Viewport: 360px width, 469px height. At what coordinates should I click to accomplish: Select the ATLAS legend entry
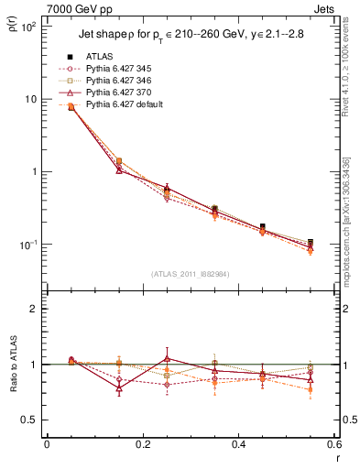(100, 57)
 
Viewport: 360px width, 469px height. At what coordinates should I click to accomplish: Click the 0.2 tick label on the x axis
(142, 445)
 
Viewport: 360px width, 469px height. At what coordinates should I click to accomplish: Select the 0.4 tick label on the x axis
(238, 445)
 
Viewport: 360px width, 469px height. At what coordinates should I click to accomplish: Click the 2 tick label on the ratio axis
(34, 309)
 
